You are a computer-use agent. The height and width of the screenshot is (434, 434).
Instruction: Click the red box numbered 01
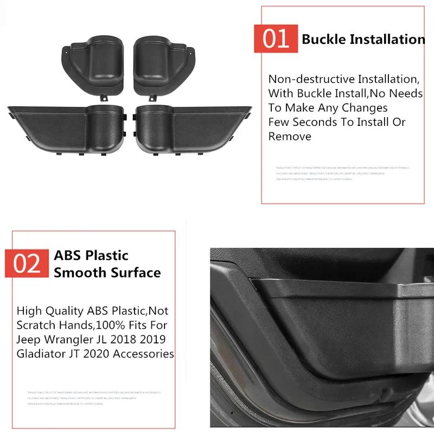tap(276, 39)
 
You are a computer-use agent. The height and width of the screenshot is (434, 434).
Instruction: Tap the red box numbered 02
tap(27, 263)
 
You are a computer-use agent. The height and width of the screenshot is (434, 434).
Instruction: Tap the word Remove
tap(290, 136)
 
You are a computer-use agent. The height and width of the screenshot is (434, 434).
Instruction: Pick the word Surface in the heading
tap(136, 272)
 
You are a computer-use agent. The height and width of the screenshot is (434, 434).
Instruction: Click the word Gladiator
tap(38, 354)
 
